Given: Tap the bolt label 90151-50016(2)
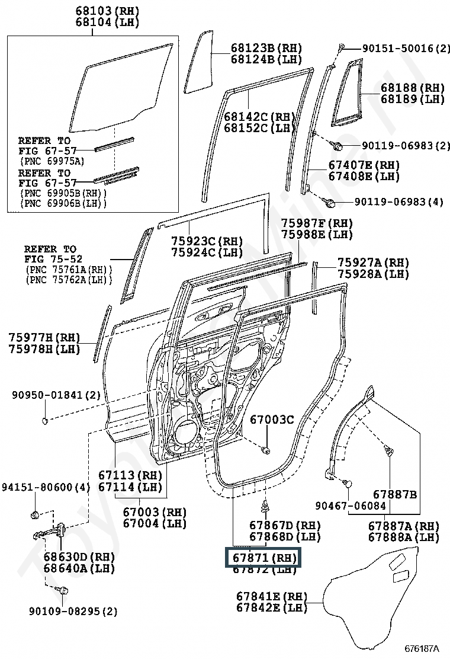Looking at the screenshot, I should pyautogui.click(x=398, y=48).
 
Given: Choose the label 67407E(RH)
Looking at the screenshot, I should pyautogui.click(x=364, y=165).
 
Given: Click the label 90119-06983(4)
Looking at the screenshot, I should pyautogui.click(x=398, y=202).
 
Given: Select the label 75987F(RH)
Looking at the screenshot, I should pyautogui.click(x=317, y=223).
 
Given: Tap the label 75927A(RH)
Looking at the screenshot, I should pyautogui.click(x=373, y=263).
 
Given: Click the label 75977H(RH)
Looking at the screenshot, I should pyautogui.click(x=44, y=337).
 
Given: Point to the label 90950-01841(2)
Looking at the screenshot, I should pyautogui.click(x=56, y=395).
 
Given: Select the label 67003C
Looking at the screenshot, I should pyautogui.click(x=271, y=420).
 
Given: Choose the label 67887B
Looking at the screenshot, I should pyautogui.click(x=395, y=494).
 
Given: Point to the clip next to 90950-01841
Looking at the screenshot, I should pyautogui.click(x=45, y=421).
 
